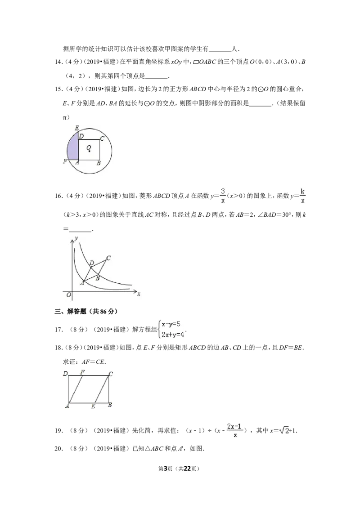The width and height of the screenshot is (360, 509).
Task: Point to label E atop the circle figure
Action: click(x=76, y=128)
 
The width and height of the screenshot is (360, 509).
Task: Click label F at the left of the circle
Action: click(x=65, y=161)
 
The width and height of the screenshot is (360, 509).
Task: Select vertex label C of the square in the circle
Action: click(x=102, y=138)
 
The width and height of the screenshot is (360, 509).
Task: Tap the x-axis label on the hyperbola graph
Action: click(x=139, y=294)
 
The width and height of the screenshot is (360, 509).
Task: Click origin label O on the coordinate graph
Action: click(x=68, y=295)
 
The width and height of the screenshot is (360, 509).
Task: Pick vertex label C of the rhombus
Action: click(x=108, y=258)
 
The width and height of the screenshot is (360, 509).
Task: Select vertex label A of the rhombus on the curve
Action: click(x=82, y=283)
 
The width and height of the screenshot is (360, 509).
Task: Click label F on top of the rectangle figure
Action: click(x=82, y=372)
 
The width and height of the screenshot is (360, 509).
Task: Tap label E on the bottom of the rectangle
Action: click(x=93, y=406)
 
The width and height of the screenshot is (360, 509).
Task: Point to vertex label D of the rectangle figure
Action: click(x=65, y=374)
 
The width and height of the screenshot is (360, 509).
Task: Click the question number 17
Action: click(x=58, y=330)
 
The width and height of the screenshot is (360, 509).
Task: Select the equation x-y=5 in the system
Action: click(x=171, y=324)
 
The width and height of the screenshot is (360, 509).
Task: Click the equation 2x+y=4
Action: click(x=173, y=335)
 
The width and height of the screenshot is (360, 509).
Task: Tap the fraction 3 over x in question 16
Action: click(x=223, y=196)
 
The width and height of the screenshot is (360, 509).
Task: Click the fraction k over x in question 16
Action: click(x=302, y=196)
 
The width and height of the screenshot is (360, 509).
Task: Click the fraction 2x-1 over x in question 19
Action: click(x=234, y=430)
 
